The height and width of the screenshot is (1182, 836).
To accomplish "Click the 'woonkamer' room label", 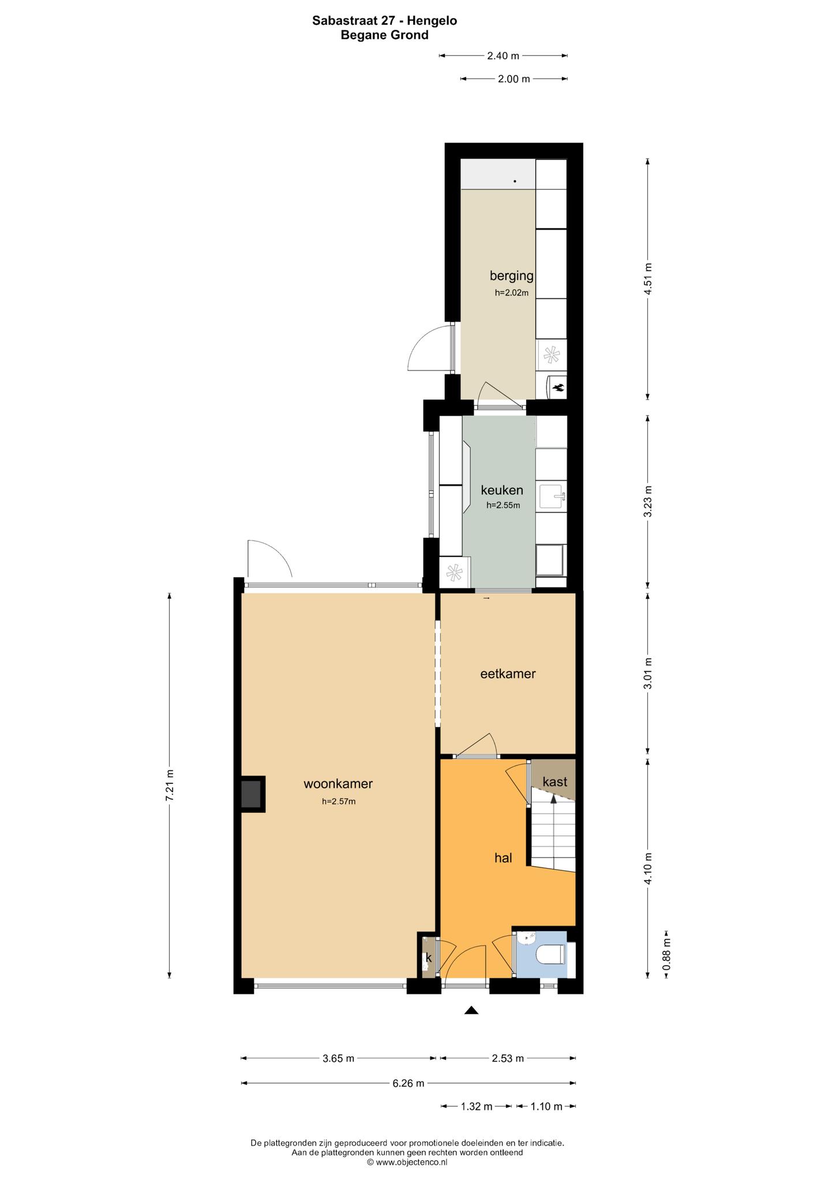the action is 338,784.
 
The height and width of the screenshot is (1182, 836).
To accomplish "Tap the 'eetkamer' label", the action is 508,674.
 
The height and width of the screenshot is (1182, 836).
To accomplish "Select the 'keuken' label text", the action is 502,491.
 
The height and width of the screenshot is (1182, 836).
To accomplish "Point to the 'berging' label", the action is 512,276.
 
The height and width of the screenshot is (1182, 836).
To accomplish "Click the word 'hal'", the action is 503,858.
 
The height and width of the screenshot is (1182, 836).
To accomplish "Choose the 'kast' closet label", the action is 555,782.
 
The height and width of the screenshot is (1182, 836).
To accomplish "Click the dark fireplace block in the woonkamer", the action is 252,794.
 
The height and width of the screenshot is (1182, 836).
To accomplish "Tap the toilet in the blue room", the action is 550,954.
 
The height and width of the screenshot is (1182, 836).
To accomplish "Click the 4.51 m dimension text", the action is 648,279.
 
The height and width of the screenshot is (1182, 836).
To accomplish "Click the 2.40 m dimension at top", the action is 503,56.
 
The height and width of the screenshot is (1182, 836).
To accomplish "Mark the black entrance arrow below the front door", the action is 472,1010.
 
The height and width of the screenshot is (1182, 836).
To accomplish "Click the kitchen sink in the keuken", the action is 551,496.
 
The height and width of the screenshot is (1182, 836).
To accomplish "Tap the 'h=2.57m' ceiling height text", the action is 339,801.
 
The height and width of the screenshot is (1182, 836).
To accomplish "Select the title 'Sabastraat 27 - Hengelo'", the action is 385,21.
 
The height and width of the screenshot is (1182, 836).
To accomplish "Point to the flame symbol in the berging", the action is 558,387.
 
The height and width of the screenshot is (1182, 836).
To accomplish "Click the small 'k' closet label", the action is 429,957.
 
